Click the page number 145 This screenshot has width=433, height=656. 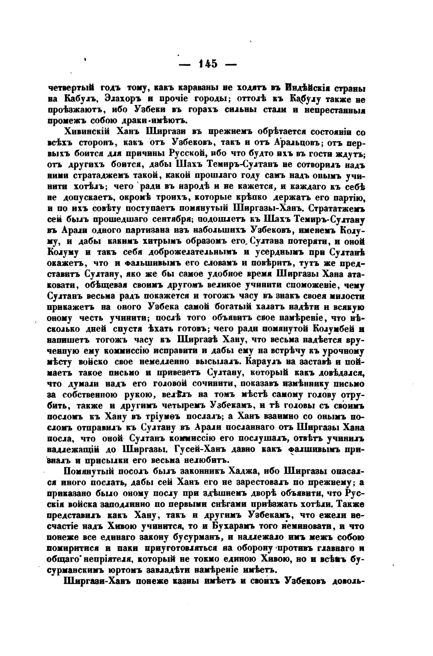pyautogui.click(x=207, y=64)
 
